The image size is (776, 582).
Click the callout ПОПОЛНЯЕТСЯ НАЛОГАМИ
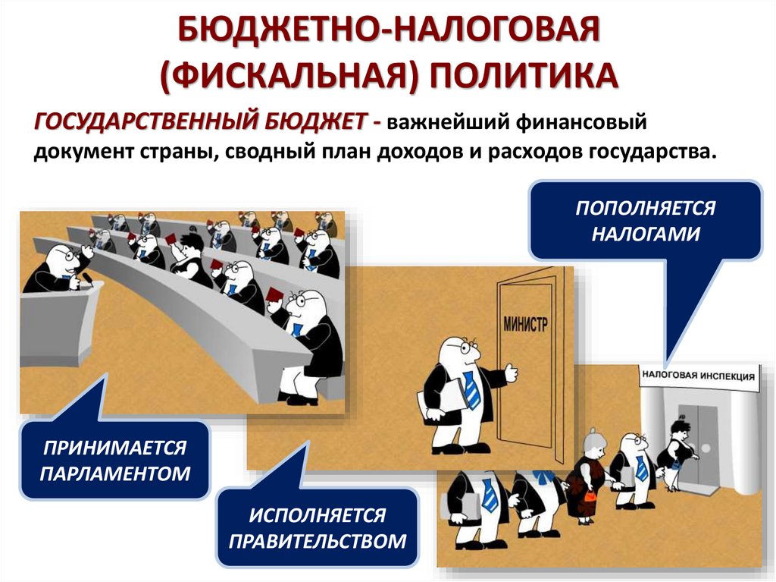645,220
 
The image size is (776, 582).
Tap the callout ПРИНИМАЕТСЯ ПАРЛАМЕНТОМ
114,461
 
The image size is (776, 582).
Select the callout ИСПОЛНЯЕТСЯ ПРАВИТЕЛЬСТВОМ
317,528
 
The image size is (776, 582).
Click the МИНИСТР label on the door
524,326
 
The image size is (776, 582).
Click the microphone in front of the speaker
88,282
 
